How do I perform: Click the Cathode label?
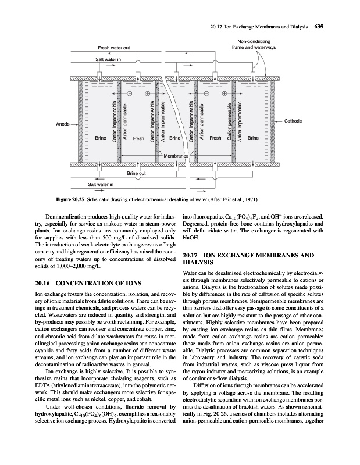[295, 121]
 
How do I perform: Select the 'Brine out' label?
[137, 173]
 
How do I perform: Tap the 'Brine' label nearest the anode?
[100, 138]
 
